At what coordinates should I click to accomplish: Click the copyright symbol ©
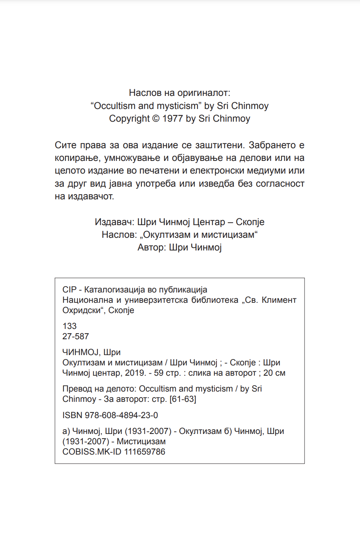[x=155, y=119]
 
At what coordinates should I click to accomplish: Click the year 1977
[x=172, y=119]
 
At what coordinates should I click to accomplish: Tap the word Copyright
[x=129, y=119]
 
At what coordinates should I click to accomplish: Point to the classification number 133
[x=69, y=326]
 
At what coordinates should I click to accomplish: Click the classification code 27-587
[x=76, y=336]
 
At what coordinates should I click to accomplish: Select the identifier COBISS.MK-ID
[x=92, y=452]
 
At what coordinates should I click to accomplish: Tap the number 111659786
[x=145, y=452]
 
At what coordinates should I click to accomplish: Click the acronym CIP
[x=69, y=290]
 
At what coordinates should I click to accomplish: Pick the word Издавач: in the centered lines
[x=114, y=222]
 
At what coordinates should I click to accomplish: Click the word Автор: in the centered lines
[x=152, y=248]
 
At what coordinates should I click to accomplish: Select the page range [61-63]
[x=183, y=399]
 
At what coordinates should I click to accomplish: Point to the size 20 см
[x=274, y=373]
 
